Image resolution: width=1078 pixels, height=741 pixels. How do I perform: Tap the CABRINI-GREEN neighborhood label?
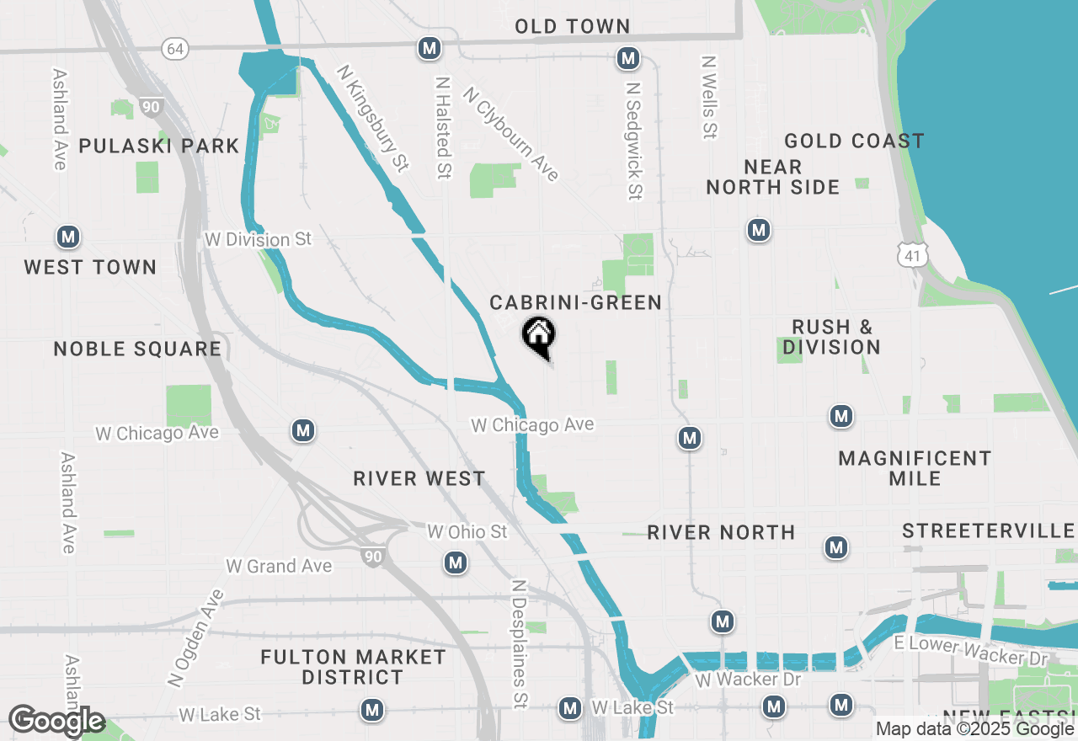pyautogui.click(x=576, y=302)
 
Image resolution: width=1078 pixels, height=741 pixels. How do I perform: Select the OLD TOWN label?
pyautogui.click(x=573, y=27)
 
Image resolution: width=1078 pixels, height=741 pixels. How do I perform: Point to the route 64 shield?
pyautogui.click(x=175, y=49)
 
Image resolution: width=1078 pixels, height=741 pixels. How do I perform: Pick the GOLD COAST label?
pyautogui.click(x=854, y=141)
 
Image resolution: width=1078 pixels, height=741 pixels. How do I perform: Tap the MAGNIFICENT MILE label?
pyautogui.click(x=915, y=468)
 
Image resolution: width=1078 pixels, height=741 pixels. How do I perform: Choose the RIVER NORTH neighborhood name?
pyautogui.click(x=721, y=532)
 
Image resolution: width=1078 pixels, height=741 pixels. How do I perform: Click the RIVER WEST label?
pyautogui.click(x=419, y=478)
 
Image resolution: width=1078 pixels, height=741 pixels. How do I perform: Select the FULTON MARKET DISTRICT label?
pyautogui.click(x=353, y=667)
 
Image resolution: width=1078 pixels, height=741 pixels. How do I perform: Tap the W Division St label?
pyautogui.click(x=258, y=240)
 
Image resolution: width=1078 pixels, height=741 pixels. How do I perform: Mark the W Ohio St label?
pyautogui.click(x=467, y=532)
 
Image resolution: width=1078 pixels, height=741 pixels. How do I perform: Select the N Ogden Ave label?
pyautogui.click(x=196, y=637)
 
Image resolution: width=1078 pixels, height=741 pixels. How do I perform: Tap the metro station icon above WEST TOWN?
pyautogui.click(x=68, y=237)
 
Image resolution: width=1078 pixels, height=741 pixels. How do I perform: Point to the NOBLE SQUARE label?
pyautogui.click(x=137, y=349)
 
